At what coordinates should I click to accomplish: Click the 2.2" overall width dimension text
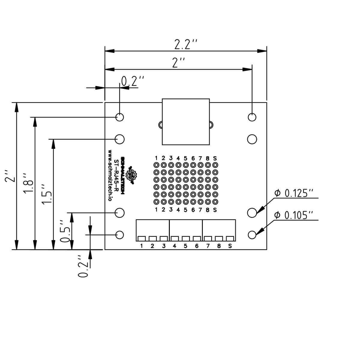[x=186, y=45]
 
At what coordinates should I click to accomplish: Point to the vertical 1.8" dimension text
[x=28, y=184]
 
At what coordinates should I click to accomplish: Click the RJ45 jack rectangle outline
[x=185, y=122]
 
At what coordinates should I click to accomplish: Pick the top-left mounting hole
[x=120, y=117]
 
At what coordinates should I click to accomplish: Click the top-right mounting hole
[x=252, y=117]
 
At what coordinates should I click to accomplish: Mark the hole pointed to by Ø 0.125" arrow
[x=252, y=213]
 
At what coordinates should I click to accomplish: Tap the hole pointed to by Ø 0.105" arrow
[x=252, y=235]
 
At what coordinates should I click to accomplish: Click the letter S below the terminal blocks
[x=230, y=246]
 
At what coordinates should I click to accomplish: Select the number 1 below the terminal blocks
[x=141, y=246]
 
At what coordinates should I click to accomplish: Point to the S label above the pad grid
[x=215, y=158]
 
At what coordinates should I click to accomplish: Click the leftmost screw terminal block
[x=152, y=230]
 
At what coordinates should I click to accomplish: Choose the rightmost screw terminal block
[x=219, y=230]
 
